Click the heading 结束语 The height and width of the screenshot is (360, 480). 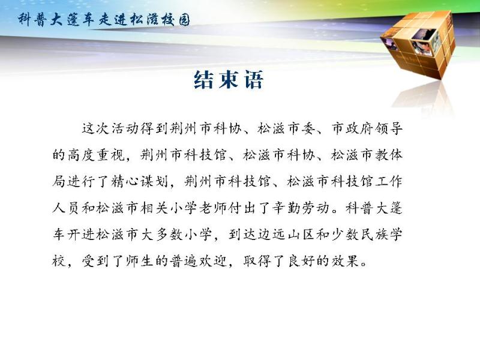click(229, 80)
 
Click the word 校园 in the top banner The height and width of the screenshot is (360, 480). click(176, 20)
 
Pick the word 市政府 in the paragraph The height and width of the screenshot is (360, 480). click(352, 128)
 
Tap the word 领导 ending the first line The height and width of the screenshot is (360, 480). click(389, 128)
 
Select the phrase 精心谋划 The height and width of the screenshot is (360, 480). click(140, 182)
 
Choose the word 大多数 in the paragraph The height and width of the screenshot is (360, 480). click(161, 235)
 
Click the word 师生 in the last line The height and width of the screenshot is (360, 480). click(139, 262)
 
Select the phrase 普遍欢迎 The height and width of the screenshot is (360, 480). click(198, 262)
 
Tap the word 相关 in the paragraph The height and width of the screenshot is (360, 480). click(154, 208)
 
